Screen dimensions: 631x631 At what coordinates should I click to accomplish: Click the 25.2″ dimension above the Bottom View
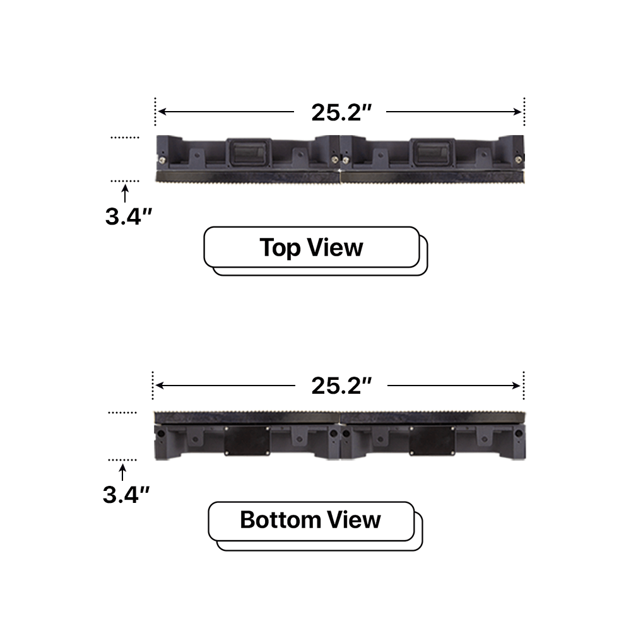(340, 385)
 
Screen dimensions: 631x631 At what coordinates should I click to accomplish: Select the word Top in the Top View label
(281, 247)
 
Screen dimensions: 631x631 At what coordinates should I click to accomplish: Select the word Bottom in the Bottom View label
(281, 521)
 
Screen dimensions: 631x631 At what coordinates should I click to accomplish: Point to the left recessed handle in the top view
(247, 151)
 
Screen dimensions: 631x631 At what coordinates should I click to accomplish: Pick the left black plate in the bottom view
(247, 439)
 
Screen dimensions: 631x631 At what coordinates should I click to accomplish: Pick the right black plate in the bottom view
(432, 439)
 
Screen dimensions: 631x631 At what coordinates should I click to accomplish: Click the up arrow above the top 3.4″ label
(124, 191)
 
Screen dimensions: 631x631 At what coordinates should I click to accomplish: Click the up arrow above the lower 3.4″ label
(122, 470)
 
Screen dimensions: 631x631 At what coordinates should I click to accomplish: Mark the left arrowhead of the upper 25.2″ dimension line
(161, 112)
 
